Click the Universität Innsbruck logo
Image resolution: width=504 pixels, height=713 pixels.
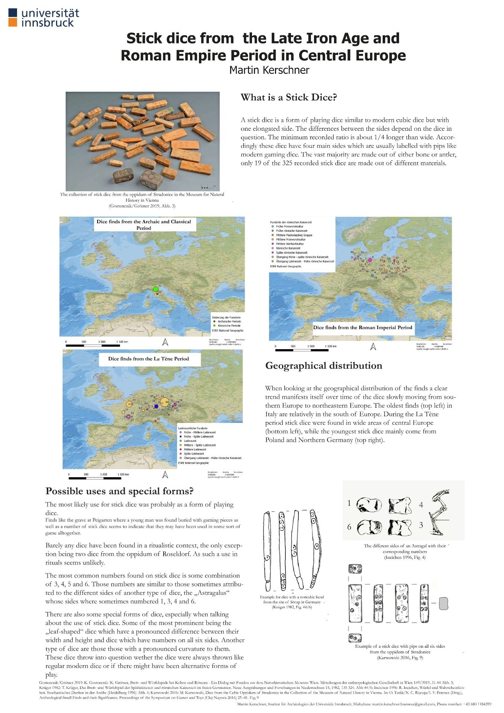pyautogui.click(x=44, y=18)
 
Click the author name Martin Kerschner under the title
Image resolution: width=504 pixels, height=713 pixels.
pyautogui.click(x=269, y=70)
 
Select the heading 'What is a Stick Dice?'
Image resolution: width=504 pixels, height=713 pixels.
pyautogui.click(x=289, y=98)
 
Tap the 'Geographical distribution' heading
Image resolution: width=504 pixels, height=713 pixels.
pyautogui.click(x=324, y=366)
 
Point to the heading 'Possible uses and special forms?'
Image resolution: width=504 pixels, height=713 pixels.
pyautogui.click(x=119, y=491)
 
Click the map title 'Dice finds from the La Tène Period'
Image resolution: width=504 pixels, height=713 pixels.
pyautogui.click(x=148, y=359)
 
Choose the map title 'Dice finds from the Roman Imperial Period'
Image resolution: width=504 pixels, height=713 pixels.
pyautogui.click(x=363, y=328)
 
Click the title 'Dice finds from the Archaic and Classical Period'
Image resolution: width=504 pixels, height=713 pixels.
pyautogui.click(x=144, y=225)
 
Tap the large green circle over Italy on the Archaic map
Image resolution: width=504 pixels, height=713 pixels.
pyautogui.click(x=156, y=289)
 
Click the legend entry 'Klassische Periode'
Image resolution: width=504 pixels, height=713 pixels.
pyautogui.click(x=229, y=326)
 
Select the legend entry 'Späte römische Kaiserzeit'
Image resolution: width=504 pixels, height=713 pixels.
pyautogui.click(x=292, y=253)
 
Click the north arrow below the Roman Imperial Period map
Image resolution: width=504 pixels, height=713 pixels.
pyautogui.click(x=373, y=346)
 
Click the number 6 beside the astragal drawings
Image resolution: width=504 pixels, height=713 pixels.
pyautogui.click(x=349, y=527)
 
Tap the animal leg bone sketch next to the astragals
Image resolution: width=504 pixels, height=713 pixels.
pyautogui.click(x=438, y=512)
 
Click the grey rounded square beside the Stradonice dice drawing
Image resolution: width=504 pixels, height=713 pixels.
pyautogui.click(x=444, y=603)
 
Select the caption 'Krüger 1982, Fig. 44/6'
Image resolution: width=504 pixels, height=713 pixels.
pyautogui.click(x=292, y=607)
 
